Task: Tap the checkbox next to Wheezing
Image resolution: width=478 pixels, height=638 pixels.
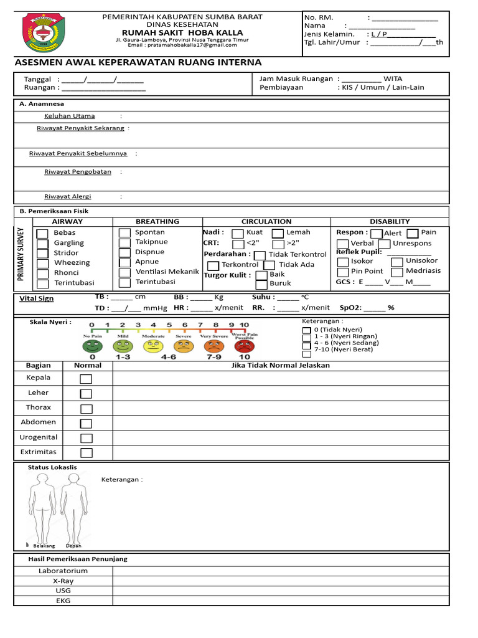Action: [42, 264]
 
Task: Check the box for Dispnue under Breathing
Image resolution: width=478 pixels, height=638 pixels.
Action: [124, 252]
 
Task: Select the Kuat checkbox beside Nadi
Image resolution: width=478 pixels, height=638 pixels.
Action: [238, 234]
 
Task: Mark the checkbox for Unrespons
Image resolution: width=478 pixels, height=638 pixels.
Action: [384, 244]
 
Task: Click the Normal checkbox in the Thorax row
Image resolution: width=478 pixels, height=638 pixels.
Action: [86, 408]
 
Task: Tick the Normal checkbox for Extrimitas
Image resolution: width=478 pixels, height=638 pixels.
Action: [86, 453]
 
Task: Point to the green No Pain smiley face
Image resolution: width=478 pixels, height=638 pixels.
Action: [92, 346]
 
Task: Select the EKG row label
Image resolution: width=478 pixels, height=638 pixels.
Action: [63, 601]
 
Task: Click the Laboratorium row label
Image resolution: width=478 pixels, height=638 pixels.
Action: [63, 571]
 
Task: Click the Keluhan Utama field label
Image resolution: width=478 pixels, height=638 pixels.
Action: [69, 116]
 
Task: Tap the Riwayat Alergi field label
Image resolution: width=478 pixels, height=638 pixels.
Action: [67, 196]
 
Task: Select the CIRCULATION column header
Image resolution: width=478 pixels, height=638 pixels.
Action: [266, 221]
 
